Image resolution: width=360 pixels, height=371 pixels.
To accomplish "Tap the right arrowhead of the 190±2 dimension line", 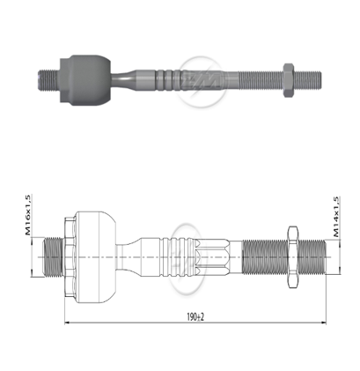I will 320,323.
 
